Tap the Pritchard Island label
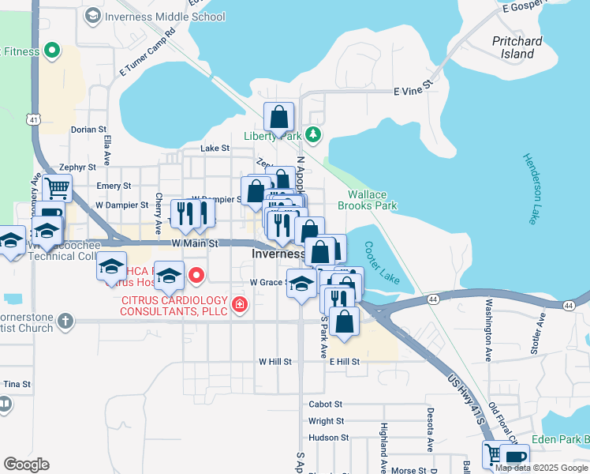pos(517,47)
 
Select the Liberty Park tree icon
pos(314,134)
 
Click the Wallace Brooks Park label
pos(367,200)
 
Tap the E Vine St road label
pos(413,92)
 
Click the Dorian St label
pos(88,129)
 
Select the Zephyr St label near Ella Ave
pos(77,167)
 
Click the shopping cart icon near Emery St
pos(57,189)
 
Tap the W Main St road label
pos(194,243)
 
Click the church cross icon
pos(65,322)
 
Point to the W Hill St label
pos(275,361)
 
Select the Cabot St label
pos(326,404)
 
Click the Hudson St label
pos(328,437)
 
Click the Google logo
pos(26,465)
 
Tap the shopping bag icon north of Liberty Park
pos(278,118)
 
